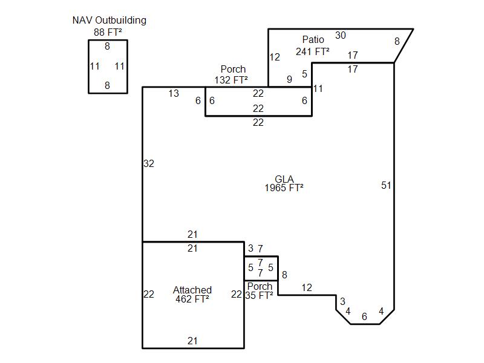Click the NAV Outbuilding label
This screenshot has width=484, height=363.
[x=109, y=20]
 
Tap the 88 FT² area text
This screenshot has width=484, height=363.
[x=108, y=32]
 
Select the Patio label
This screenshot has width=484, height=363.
[x=313, y=40]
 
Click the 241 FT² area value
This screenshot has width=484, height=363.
[x=312, y=51]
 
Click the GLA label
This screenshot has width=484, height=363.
[x=284, y=179]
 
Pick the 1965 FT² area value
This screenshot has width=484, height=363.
[x=284, y=188]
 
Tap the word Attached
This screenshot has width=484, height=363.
[x=192, y=290]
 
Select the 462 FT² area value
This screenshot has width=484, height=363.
[x=192, y=298]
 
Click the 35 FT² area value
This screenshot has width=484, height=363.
[x=259, y=295]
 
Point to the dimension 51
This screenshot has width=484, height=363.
[x=386, y=185]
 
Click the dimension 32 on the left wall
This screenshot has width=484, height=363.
[x=149, y=163]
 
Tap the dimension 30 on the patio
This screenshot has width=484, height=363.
[x=341, y=35]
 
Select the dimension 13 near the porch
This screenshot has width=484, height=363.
[x=174, y=93]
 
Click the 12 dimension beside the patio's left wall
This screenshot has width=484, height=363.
[x=275, y=57]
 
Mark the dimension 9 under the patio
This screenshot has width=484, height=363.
[x=289, y=79]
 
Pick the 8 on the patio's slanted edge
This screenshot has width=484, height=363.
[x=397, y=41]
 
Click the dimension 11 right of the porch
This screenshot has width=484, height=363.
[x=318, y=88]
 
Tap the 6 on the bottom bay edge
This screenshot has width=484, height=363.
[x=364, y=316]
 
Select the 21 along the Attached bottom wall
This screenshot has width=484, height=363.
[x=192, y=341]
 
